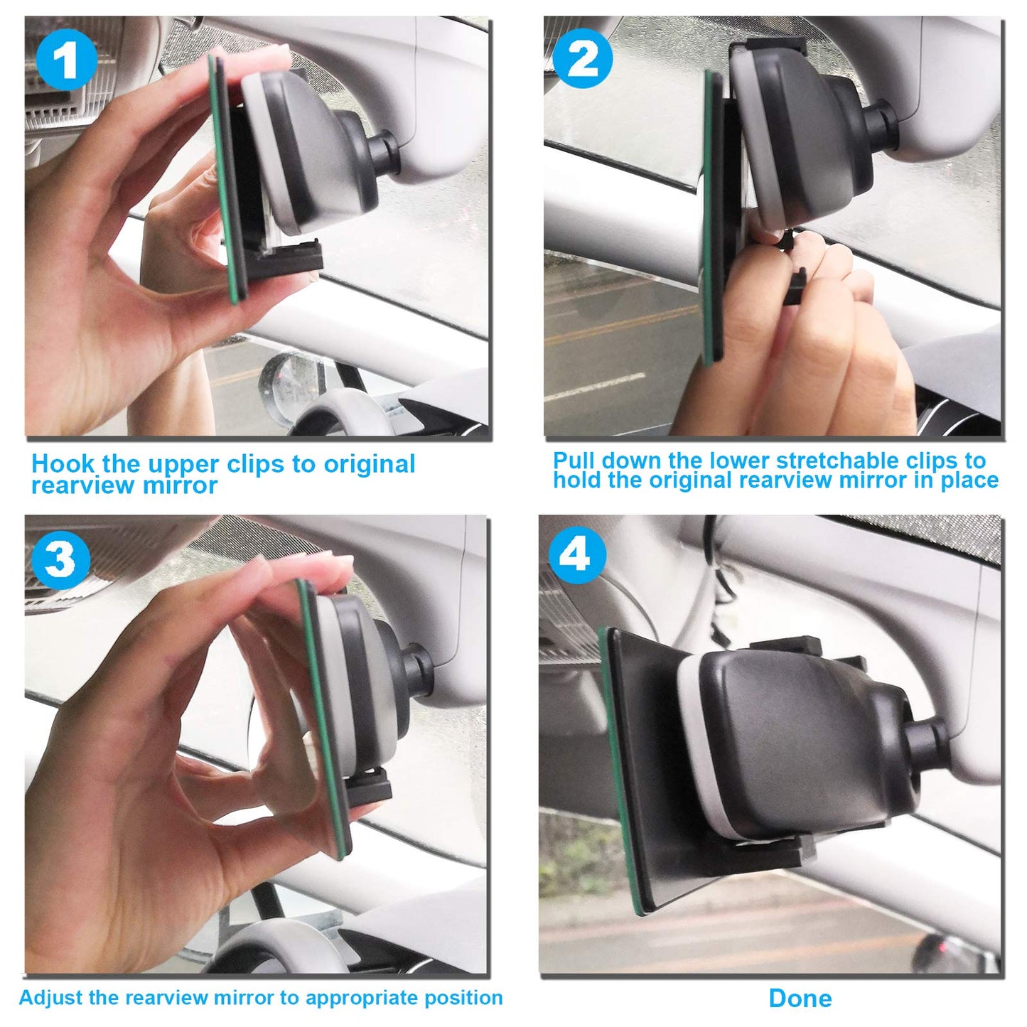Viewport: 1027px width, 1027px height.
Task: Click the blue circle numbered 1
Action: pos(67,60)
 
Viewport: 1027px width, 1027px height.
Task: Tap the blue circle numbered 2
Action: pos(583,58)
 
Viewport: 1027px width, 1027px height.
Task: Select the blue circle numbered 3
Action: pos(60,559)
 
